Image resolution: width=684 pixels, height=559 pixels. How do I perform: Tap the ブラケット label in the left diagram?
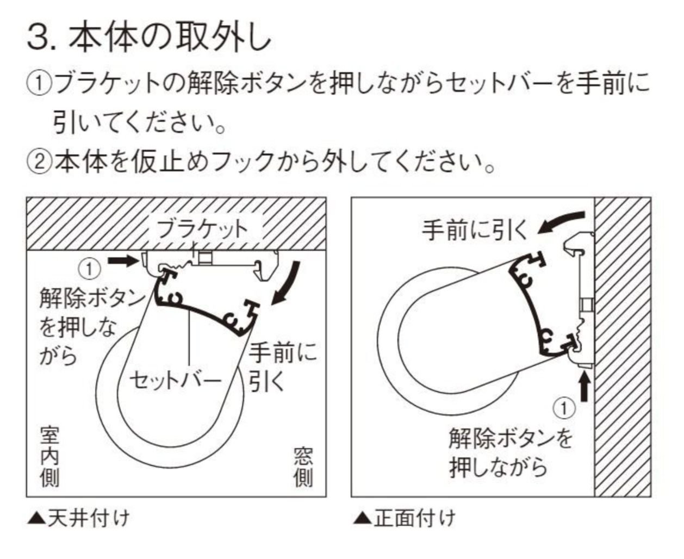coord(202,228)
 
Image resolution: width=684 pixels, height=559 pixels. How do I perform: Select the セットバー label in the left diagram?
coord(175,380)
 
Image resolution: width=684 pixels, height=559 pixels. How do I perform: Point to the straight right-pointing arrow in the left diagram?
coord(120,261)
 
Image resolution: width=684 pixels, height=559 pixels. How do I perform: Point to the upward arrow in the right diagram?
coord(584,389)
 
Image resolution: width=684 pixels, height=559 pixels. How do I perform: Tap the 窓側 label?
coord(303,467)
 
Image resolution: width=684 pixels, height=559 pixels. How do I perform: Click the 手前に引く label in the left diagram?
coord(283,367)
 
